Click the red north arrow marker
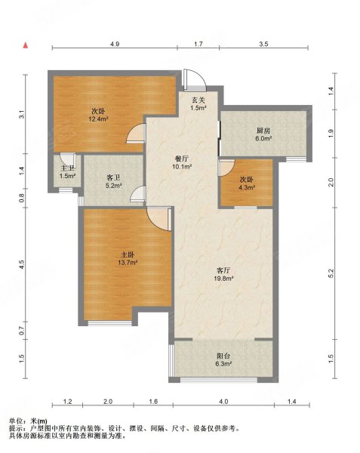click(x=26, y=45)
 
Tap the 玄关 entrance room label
click(x=198, y=100)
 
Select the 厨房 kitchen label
click(x=263, y=131)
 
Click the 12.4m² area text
click(x=98, y=119)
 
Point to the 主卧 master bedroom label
click(x=128, y=255)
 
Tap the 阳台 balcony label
click(x=223, y=356)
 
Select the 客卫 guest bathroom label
click(x=113, y=178)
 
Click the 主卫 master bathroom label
click(x=67, y=168)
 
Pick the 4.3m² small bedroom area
click(x=247, y=187)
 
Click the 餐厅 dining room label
click(x=182, y=159)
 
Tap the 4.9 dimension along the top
click(x=115, y=45)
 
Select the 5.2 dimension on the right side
click(x=331, y=273)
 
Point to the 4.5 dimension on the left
click(x=22, y=265)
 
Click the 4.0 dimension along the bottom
click(x=223, y=402)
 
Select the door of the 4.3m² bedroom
click(x=227, y=168)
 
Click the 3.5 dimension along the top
click(x=263, y=45)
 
